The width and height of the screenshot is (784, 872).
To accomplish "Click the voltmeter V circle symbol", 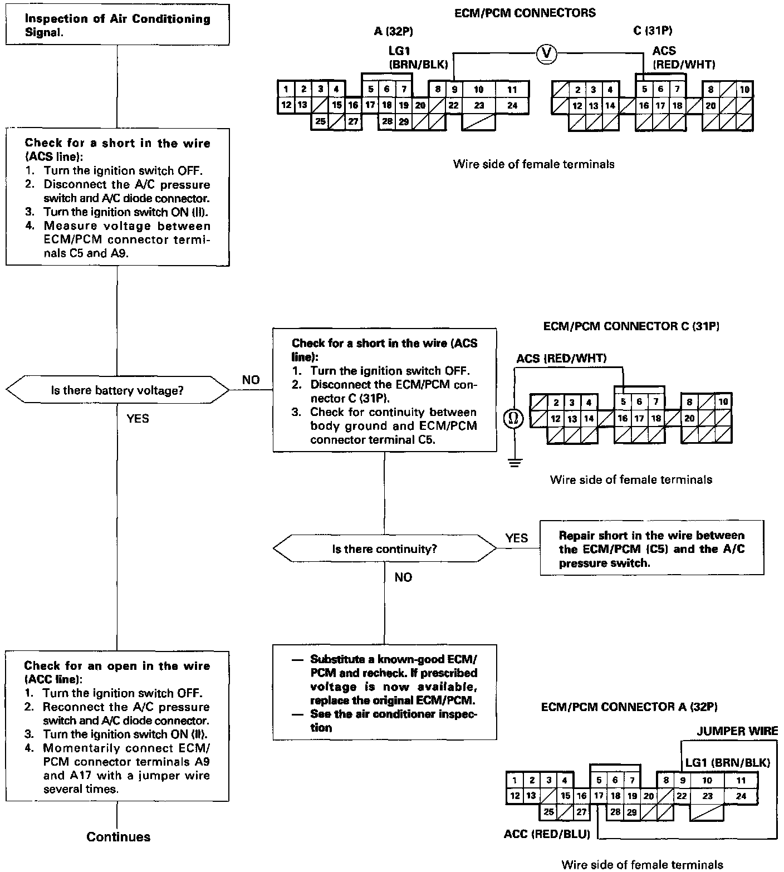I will coord(547,53).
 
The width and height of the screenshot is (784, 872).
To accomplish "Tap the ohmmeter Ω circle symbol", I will coord(513,418).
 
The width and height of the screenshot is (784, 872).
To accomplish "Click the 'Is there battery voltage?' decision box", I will coord(117,391).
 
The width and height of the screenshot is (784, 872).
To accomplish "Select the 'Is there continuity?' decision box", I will coord(384,549).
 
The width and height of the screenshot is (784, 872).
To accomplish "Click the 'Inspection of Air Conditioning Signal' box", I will coord(117,26).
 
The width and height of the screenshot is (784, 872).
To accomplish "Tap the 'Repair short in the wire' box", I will coord(651,549).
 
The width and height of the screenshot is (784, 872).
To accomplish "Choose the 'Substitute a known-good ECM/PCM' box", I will coord(384,692).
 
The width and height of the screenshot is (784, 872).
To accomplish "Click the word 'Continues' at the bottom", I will coord(119,836).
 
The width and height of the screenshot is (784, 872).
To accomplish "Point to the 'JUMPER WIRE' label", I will coord(737,731).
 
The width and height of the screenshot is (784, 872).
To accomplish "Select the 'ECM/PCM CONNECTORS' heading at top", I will coord(525,13).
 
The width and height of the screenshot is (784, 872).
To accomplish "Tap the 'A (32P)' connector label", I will coord(394,31).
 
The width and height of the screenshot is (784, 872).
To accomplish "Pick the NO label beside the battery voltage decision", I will coord(251,380).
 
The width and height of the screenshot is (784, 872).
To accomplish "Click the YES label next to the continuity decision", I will coord(516,538).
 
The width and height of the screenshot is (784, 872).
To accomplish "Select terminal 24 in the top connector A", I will coord(512,105).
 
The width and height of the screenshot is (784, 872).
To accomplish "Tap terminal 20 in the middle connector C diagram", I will coord(689,418).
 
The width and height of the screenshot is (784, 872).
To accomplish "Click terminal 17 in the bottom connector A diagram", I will coord(599,796).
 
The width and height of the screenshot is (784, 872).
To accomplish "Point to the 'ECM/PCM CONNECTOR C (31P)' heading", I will coord(631,326).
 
